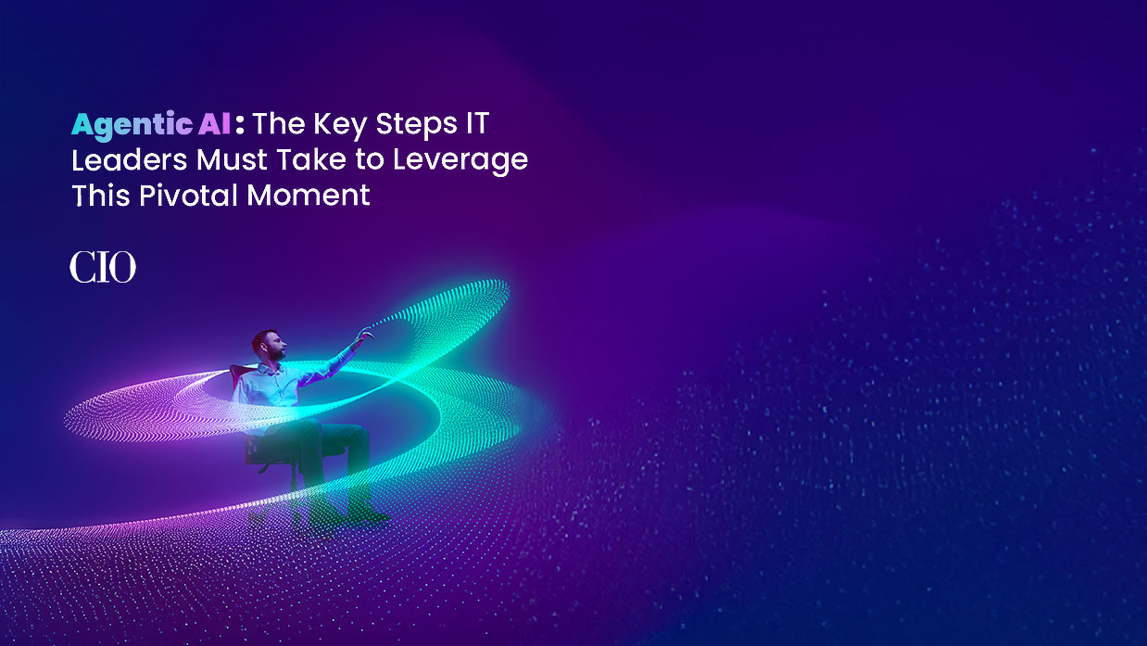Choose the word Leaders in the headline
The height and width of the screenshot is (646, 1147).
coord(130,159)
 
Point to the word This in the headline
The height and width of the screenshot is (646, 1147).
coord(99,195)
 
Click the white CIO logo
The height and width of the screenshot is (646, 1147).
coord(102,268)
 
